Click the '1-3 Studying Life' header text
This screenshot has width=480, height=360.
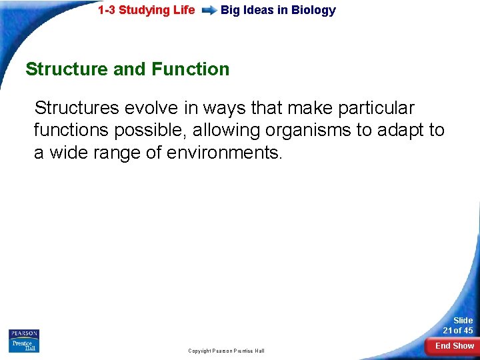(146, 10)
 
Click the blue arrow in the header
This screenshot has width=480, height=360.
(209, 11)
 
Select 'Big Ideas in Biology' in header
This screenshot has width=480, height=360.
(278, 10)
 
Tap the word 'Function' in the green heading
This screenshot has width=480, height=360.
(191, 69)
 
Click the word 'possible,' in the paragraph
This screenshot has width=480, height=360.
(153, 131)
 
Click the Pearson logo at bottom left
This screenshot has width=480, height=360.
(24, 333)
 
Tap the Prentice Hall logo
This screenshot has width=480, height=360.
(24, 345)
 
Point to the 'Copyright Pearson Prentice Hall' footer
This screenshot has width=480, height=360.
(226, 351)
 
